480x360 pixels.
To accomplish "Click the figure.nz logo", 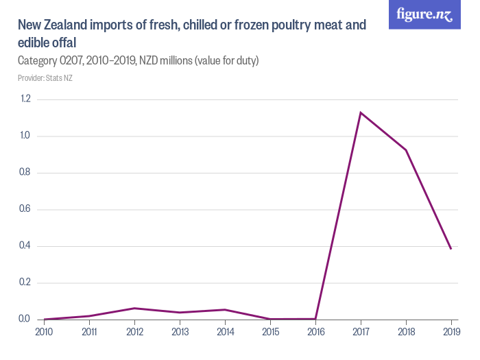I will (424, 14).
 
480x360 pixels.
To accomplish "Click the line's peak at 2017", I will (361, 112).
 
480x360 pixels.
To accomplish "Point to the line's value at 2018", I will (406, 150).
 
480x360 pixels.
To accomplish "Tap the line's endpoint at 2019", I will (451, 249).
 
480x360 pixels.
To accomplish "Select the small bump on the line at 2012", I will (134, 308).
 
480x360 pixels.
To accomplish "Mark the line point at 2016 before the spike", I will (315, 319).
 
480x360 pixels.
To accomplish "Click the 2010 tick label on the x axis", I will (44, 331).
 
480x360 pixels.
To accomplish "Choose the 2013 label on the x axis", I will (180, 331).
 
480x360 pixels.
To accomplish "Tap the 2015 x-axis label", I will (270, 331).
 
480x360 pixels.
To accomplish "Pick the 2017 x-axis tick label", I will (361, 331).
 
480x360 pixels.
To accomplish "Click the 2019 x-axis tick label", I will (451, 331).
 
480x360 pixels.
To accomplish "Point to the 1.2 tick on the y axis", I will (25, 99).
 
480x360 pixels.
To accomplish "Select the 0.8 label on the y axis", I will (25, 173).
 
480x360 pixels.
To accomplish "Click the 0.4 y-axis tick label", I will (25, 246).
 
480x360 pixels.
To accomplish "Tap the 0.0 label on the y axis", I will (25, 320).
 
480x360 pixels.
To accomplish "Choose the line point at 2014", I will (225, 309).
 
